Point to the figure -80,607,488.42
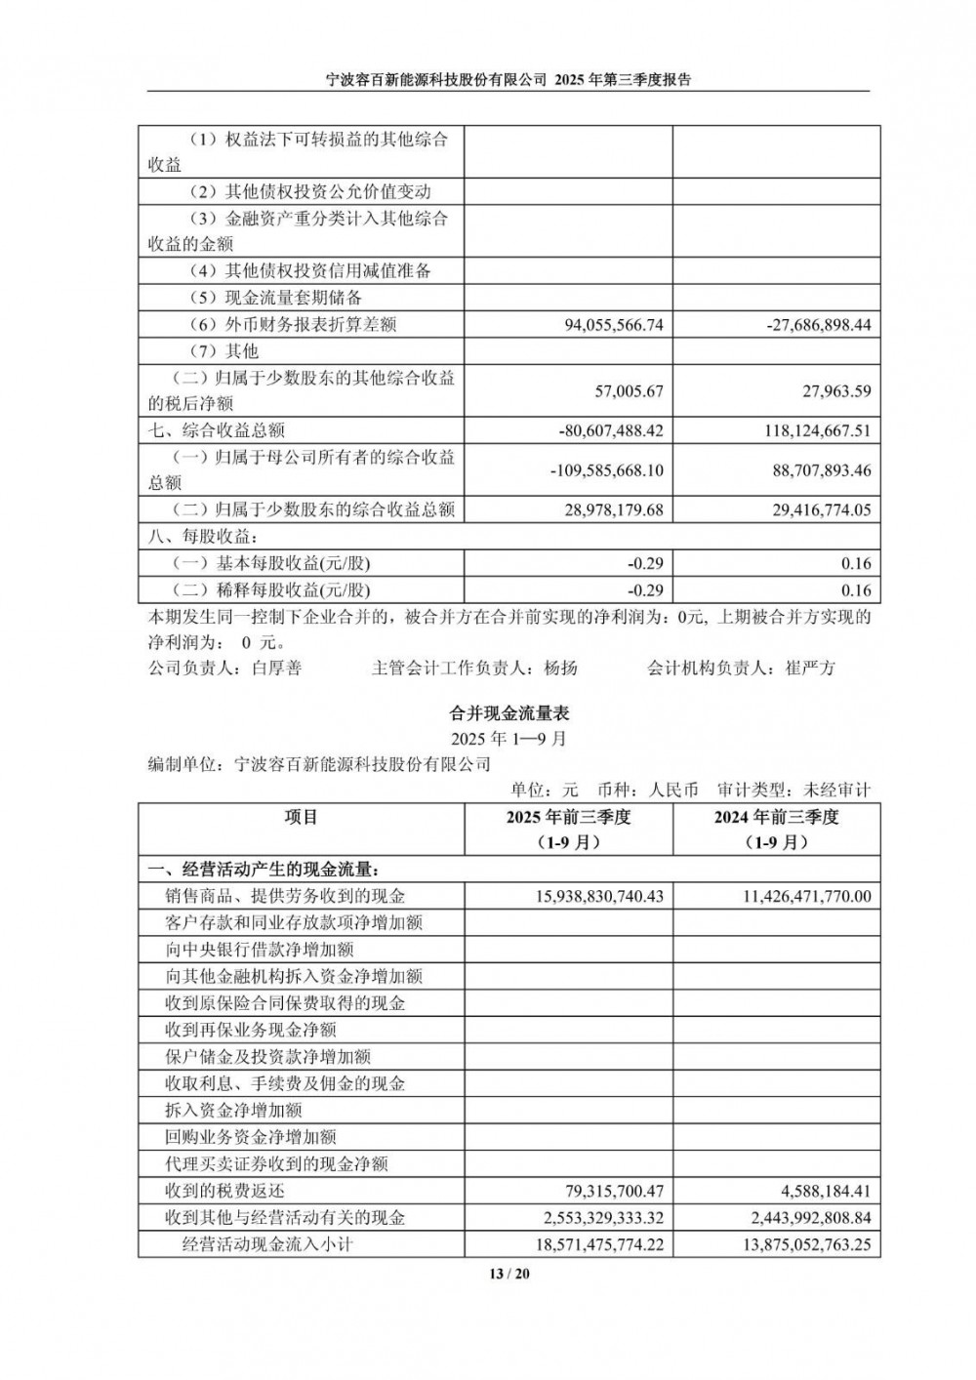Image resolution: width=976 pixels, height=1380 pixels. click(611, 429)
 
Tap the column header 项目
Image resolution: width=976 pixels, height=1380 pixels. click(301, 817)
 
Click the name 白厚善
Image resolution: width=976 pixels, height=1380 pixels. click(276, 669)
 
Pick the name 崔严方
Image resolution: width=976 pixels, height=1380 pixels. click(810, 669)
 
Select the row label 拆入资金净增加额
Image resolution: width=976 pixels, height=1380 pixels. click(234, 1110)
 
